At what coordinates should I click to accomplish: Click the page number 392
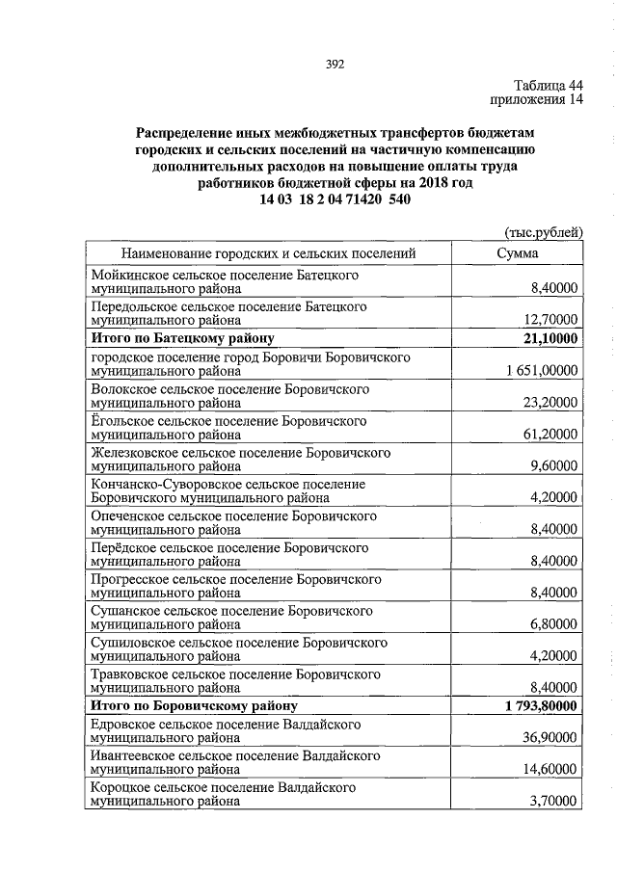(x=335, y=65)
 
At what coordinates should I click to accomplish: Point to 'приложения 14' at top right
(x=539, y=99)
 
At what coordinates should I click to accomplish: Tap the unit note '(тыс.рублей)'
(x=544, y=232)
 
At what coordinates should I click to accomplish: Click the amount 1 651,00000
(x=541, y=370)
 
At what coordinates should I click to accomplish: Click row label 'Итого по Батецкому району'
(x=183, y=337)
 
